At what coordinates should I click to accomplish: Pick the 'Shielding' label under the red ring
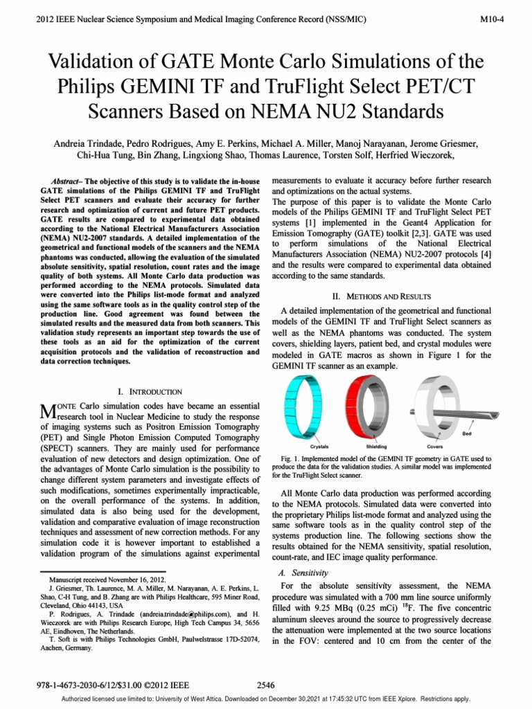(x=376, y=447)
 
